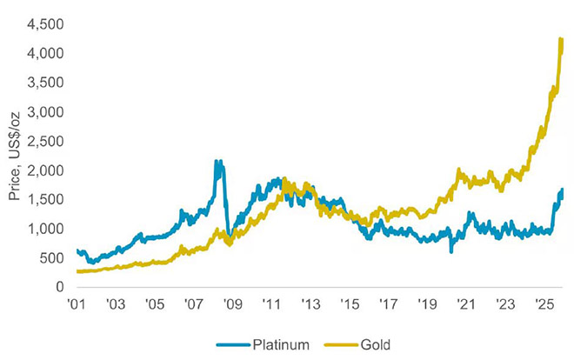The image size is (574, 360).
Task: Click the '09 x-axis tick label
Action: tap(233, 305)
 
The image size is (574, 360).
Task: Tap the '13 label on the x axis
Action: tap(310, 305)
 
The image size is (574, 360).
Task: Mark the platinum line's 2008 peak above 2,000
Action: tap(217, 162)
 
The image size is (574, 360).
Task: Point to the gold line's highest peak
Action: tap(561, 39)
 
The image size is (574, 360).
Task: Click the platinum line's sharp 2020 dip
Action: tap(451, 250)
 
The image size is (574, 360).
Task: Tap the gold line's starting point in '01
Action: tap(78, 271)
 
